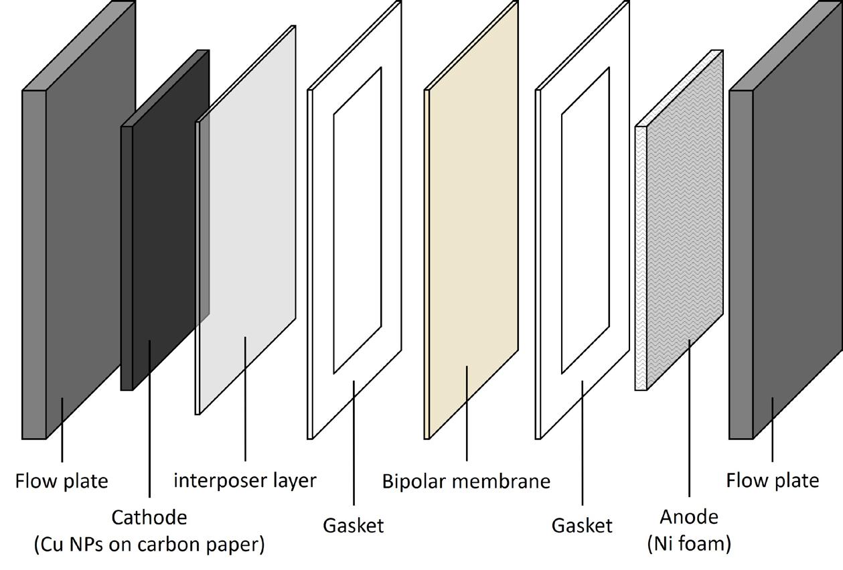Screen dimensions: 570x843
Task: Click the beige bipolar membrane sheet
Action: tap(472, 221)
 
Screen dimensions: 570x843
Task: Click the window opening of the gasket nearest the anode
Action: tap(585, 221)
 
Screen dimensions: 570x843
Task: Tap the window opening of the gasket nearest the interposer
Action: tap(357, 221)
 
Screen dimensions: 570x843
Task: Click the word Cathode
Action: tap(149, 518)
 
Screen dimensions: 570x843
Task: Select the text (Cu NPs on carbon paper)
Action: tap(149, 545)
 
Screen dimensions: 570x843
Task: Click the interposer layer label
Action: tap(245, 480)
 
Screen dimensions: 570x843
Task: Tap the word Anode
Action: tap(689, 517)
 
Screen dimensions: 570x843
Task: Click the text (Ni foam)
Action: tap(689, 543)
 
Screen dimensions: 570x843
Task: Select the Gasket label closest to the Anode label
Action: tap(582, 526)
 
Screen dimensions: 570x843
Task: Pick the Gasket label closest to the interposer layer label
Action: tap(354, 526)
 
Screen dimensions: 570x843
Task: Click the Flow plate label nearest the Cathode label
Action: tap(62, 481)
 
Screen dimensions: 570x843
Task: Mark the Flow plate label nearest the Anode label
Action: tap(773, 480)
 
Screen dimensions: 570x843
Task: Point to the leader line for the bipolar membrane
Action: tap(467, 415)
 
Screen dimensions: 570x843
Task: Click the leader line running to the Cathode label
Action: tap(149, 429)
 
